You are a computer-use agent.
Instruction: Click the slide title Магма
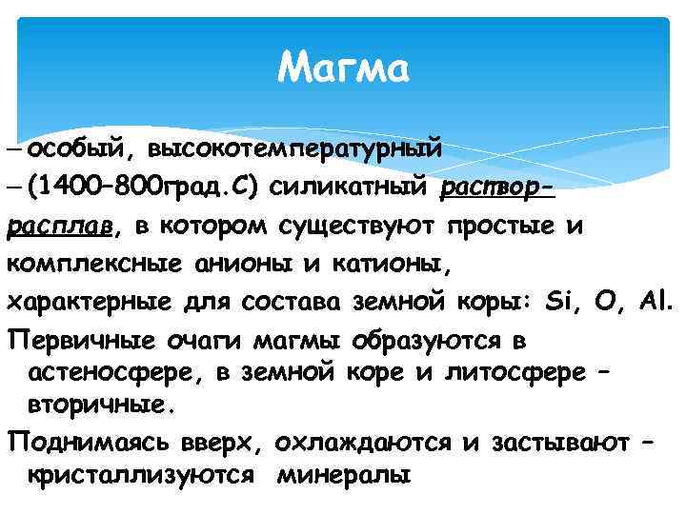click(343, 69)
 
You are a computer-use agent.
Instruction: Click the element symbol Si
click(560, 304)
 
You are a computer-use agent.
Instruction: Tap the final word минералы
click(343, 475)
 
